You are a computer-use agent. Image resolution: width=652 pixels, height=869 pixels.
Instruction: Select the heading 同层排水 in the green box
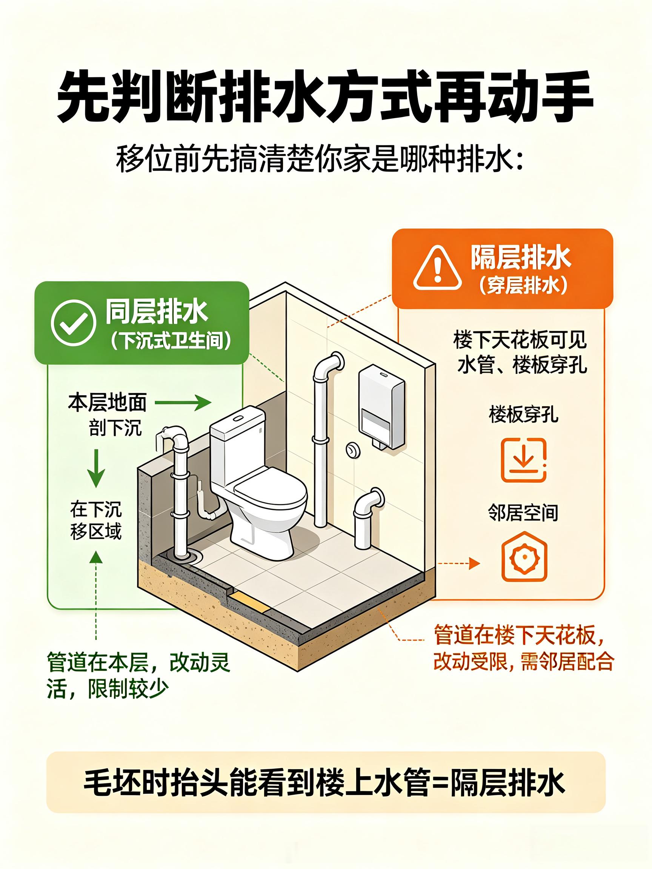point(156,313)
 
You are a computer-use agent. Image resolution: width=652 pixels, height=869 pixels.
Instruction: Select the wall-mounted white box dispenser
point(381,407)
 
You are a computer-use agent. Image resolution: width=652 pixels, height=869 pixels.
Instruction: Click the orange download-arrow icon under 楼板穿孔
point(523,460)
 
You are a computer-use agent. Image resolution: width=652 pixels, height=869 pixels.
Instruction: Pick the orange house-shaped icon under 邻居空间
point(523,557)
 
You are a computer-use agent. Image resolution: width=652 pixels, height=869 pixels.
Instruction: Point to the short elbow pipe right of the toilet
point(367,517)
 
